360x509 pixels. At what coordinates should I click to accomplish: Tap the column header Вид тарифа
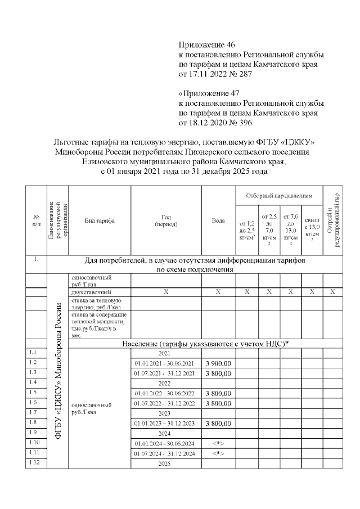pyautogui.click(x=99, y=221)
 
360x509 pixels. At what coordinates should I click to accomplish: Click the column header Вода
pyautogui.click(x=218, y=221)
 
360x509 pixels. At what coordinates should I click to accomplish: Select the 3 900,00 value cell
pyautogui.click(x=218, y=363)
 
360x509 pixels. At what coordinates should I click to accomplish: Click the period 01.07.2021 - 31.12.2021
pyautogui.click(x=165, y=373)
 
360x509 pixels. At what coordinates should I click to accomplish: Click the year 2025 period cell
pyautogui.click(x=165, y=463)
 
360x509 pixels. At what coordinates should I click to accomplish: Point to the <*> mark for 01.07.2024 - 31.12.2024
pyautogui.click(x=218, y=453)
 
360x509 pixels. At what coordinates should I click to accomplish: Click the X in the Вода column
pyautogui.click(x=218, y=292)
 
